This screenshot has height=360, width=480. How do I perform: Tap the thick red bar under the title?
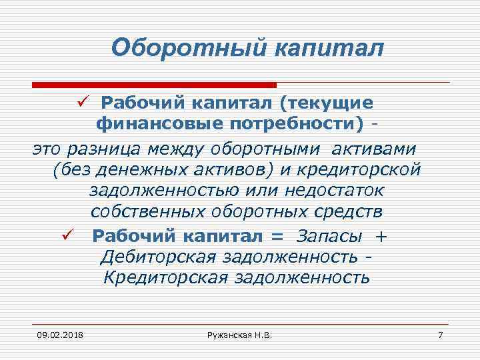154,85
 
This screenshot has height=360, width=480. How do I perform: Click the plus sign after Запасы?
381,236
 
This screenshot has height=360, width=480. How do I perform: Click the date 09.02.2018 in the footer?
56,333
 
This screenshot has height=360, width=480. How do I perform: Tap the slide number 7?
440,333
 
